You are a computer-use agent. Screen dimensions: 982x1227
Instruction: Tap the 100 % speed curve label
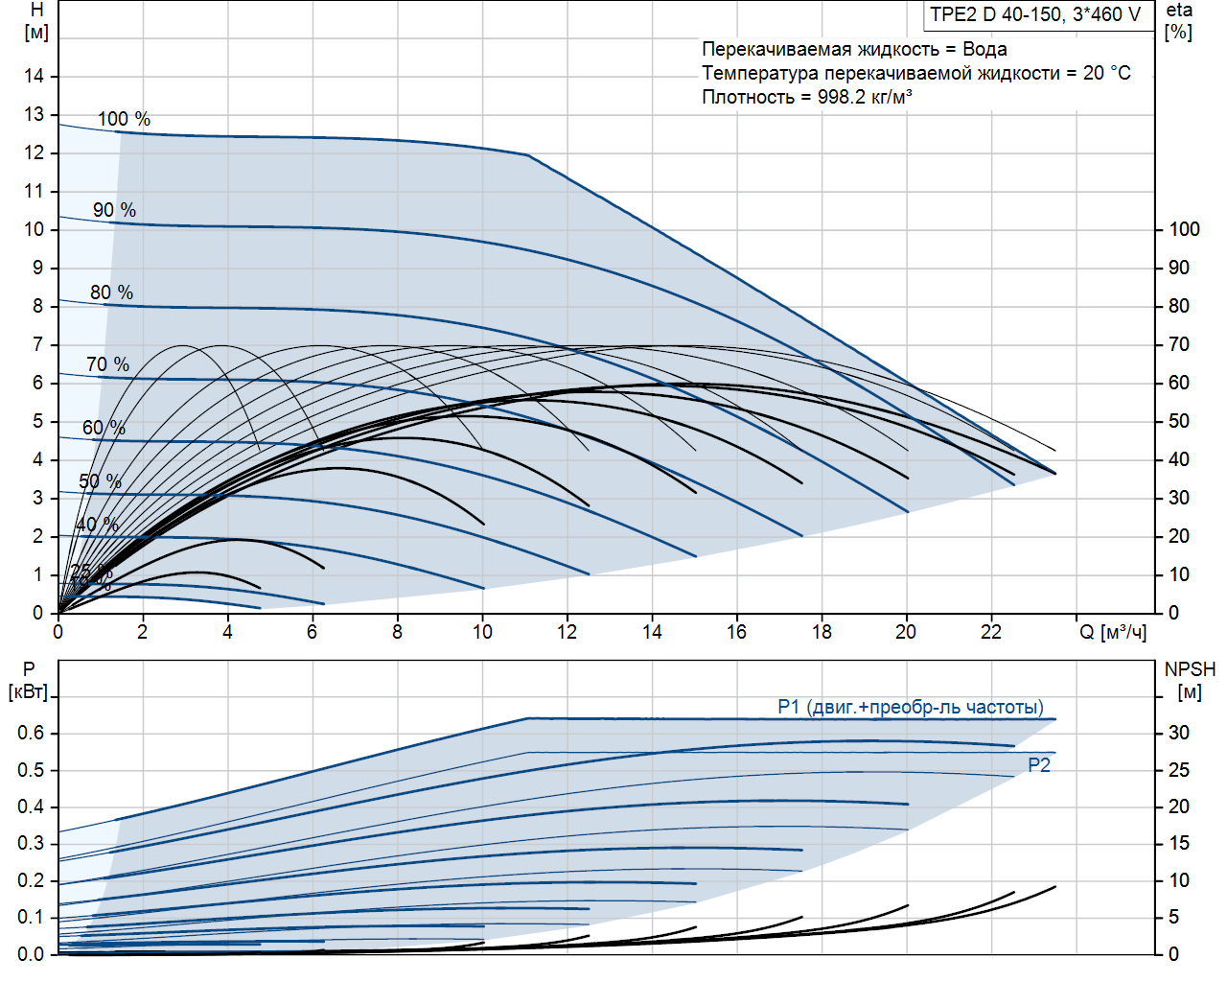pyautogui.click(x=124, y=119)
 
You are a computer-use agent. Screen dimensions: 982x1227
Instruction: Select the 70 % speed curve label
pyautogui.click(x=107, y=364)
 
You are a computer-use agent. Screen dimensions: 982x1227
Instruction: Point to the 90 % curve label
pyautogui.click(x=114, y=210)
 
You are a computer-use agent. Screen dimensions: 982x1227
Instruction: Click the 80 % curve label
pyautogui.click(x=111, y=292)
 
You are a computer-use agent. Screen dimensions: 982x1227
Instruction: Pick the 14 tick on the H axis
pyautogui.click(x=35, y=76)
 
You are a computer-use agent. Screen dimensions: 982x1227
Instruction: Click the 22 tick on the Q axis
pyautogui.click(x=990, y=632)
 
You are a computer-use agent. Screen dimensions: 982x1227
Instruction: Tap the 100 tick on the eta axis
pyautogui.click(x=1184, y=229)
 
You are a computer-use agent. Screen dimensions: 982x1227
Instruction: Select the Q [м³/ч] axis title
pyautogui.click(x=1113, y=632)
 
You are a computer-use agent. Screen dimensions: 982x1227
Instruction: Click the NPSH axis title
pyautogui.click(x=1190, y=680)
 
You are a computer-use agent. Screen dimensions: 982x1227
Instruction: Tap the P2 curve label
pyautogui.click(x=1039, y=765)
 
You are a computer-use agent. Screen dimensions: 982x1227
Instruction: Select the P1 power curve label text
pyautogui.click(x=910, y=707)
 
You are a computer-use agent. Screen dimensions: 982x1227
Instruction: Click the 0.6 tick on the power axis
pyautogui.click(x=31, y=733)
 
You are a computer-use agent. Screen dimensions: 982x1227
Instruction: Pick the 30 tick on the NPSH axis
pyautogui.click(x=1179, y=733)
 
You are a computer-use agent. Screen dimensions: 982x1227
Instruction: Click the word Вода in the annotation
pyautogui.click(x=984, y=49)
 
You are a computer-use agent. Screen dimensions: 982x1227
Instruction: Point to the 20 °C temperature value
pyautogui.click(x=1106, y=73)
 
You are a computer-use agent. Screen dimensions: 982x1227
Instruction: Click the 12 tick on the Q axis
pyautogui.click(x=567, y=632)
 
